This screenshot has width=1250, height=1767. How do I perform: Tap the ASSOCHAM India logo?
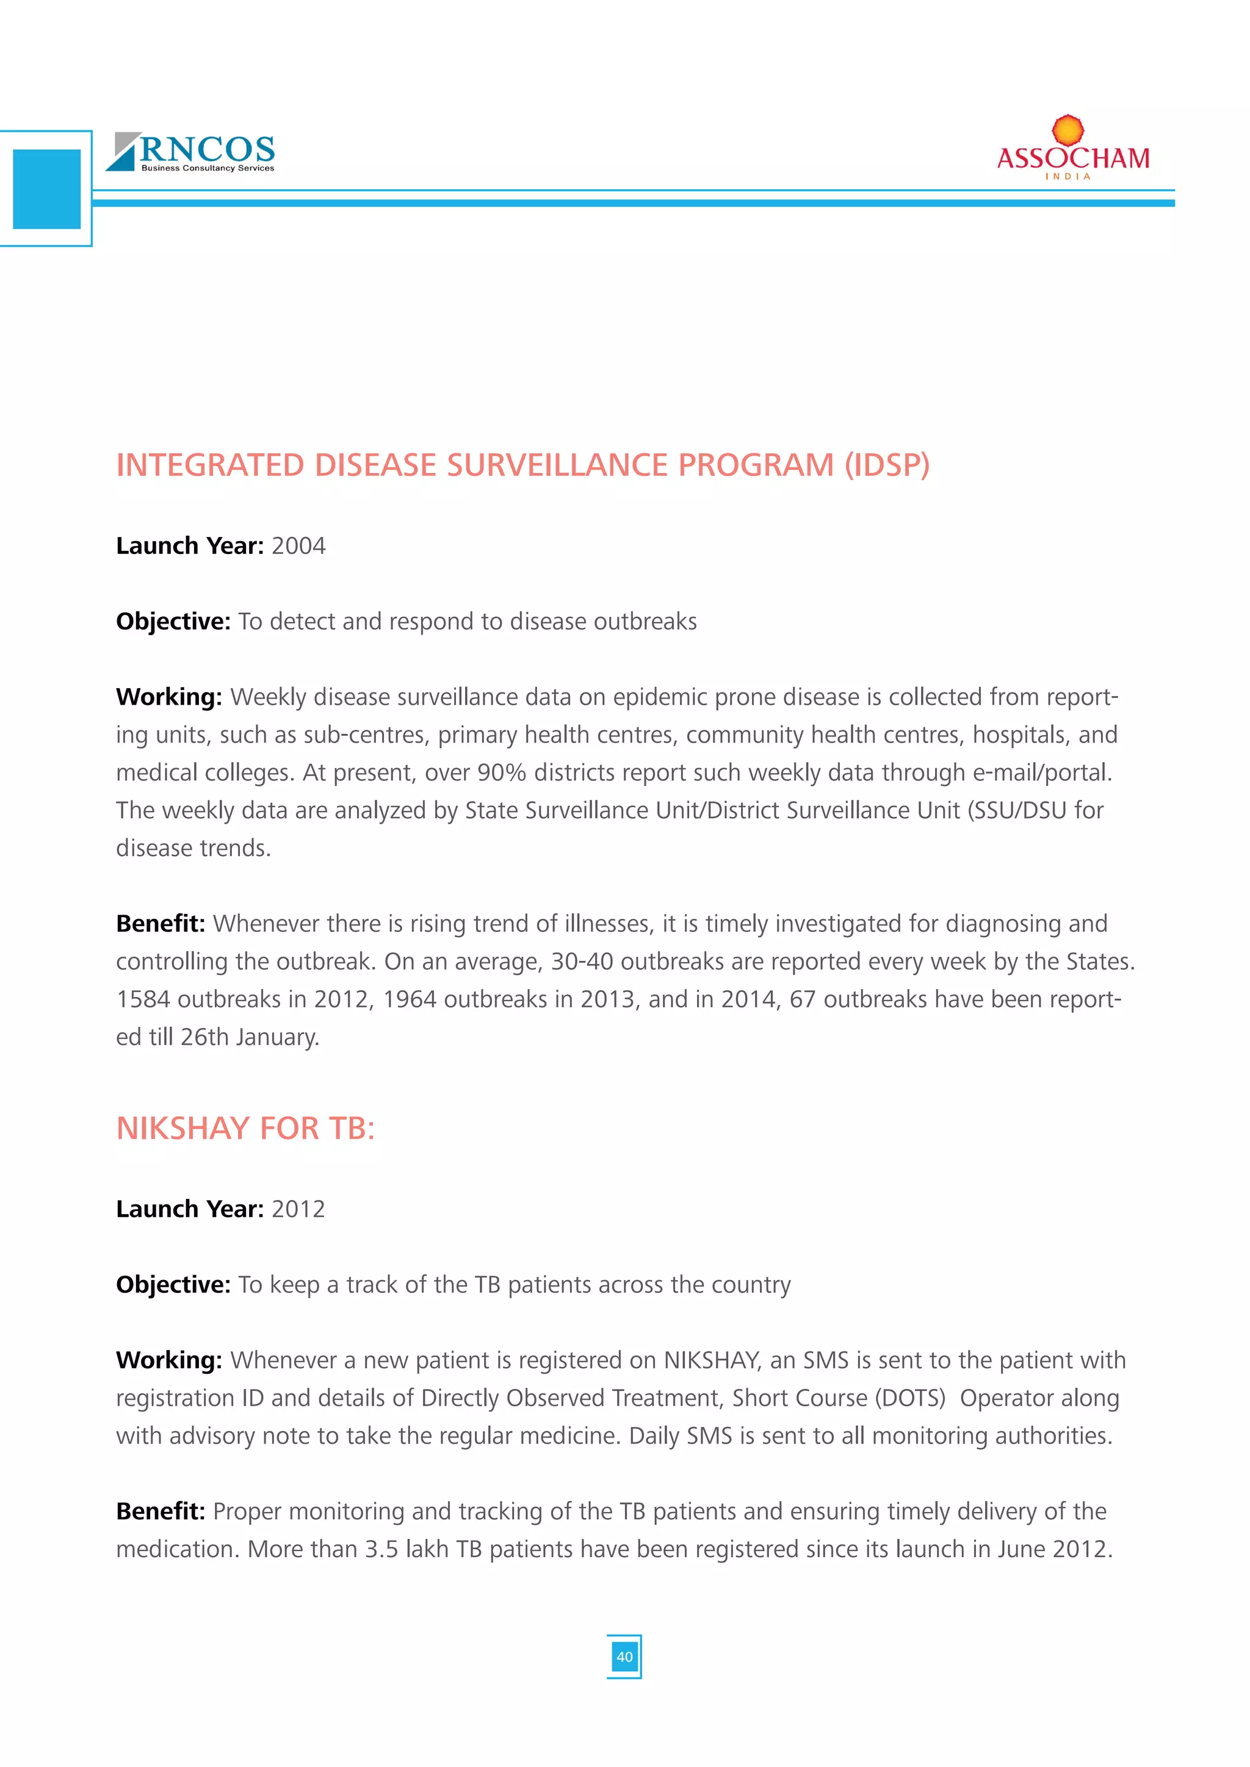pyautogui.click(x=1072, y=151)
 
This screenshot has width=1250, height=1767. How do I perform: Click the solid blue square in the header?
pyautogui.click(x=47, y=189)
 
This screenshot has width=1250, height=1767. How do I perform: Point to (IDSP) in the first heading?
pyautogui.click(x=887, y=466)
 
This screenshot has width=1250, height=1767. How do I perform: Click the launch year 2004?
pyautogui.click(x=298, y=547)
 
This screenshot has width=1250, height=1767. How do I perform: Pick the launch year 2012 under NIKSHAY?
pyautogui.click(x=298, y=1209)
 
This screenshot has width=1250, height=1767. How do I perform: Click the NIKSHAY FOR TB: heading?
pyautogui.click(x=245, y=1129)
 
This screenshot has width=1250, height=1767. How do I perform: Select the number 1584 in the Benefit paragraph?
pyautogui.click(x=143, y=999)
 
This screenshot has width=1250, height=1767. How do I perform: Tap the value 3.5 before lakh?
pyautogui.click(x=381, y=1549)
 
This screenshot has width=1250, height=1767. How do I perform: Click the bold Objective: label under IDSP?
pyautogui.click(x=173, y=622)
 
